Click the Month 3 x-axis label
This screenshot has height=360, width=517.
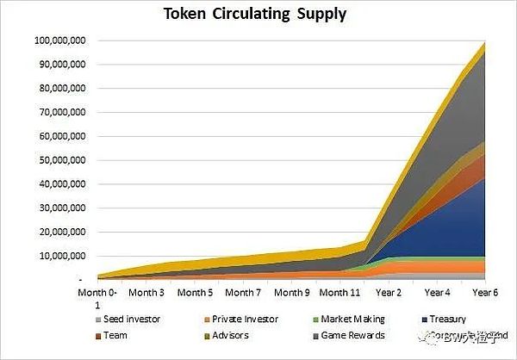click(151, 293)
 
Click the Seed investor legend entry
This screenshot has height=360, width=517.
click(131, 319)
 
